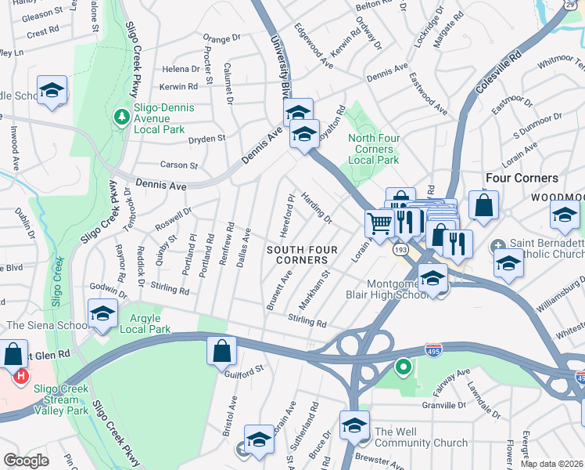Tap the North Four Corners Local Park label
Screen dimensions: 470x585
click(373, 149)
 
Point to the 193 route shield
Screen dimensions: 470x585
click(400, 249)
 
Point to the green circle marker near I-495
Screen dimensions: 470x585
click(404, 366)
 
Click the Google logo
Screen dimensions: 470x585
click(27, 460)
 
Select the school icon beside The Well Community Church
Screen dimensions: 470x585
click(354, 425)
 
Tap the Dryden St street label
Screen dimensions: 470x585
click(206, 138)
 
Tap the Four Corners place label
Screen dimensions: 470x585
click(522, 178)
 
